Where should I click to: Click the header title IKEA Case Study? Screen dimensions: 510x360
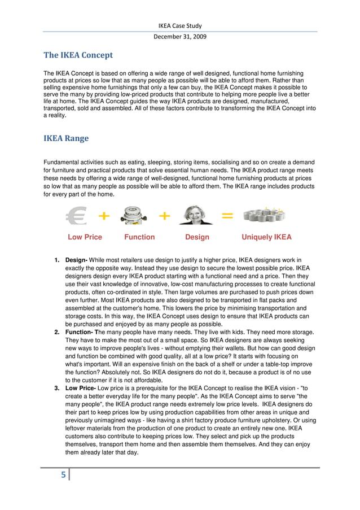pos(179,25)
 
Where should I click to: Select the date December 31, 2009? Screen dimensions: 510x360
pos(179,37)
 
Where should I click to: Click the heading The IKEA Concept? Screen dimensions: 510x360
pos(78,55)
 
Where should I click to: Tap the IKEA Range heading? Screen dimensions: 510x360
pos(66,138)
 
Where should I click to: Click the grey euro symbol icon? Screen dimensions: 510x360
pos(78,216)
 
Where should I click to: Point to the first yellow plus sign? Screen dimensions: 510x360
pos(104,216)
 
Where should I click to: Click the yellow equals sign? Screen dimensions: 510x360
pos(226,216)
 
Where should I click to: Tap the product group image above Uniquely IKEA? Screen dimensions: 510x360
pos(264,215)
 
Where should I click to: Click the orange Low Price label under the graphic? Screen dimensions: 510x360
pos(85,237)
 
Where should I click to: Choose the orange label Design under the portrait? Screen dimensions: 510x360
pos(197,237)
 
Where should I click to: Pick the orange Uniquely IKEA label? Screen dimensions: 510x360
pos(266,237)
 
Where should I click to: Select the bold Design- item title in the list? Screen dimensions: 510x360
pos(76,260)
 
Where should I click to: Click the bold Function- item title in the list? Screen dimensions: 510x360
pos(80,333)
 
